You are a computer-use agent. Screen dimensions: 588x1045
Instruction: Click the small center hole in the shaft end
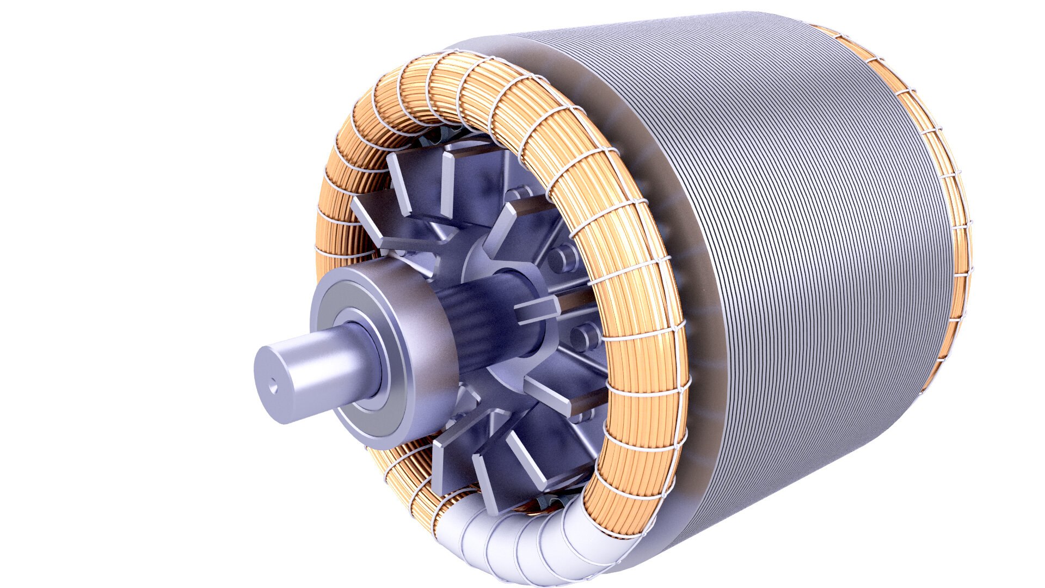pyautogui.click(x=274, y=388)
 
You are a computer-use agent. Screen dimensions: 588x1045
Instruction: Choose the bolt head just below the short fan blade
pyautogui.click(x=585, y=335)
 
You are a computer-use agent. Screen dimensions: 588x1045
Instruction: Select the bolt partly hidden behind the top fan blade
pyautogui.click(x=517, y=193)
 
